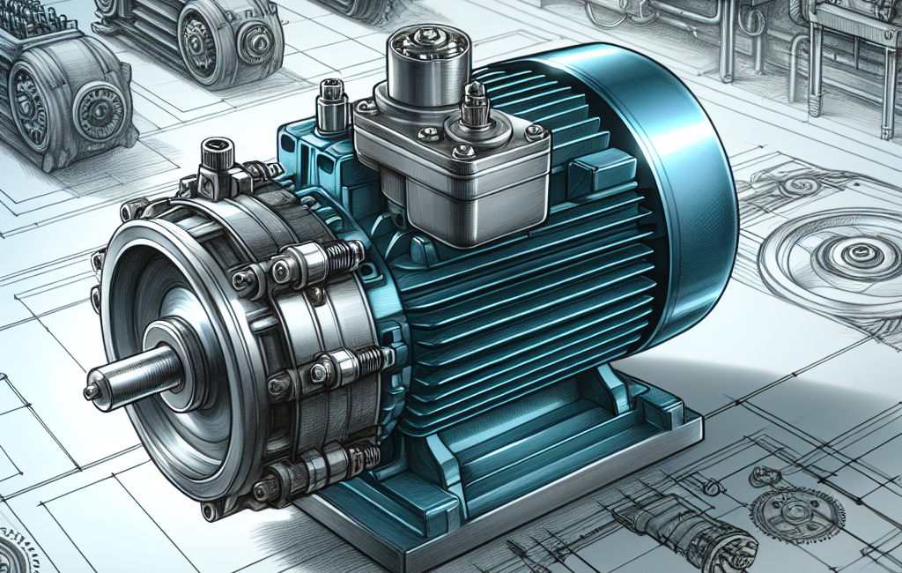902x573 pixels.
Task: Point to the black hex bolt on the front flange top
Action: [x=216, y=159]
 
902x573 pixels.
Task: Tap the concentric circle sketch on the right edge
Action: [x=841, y=256]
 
